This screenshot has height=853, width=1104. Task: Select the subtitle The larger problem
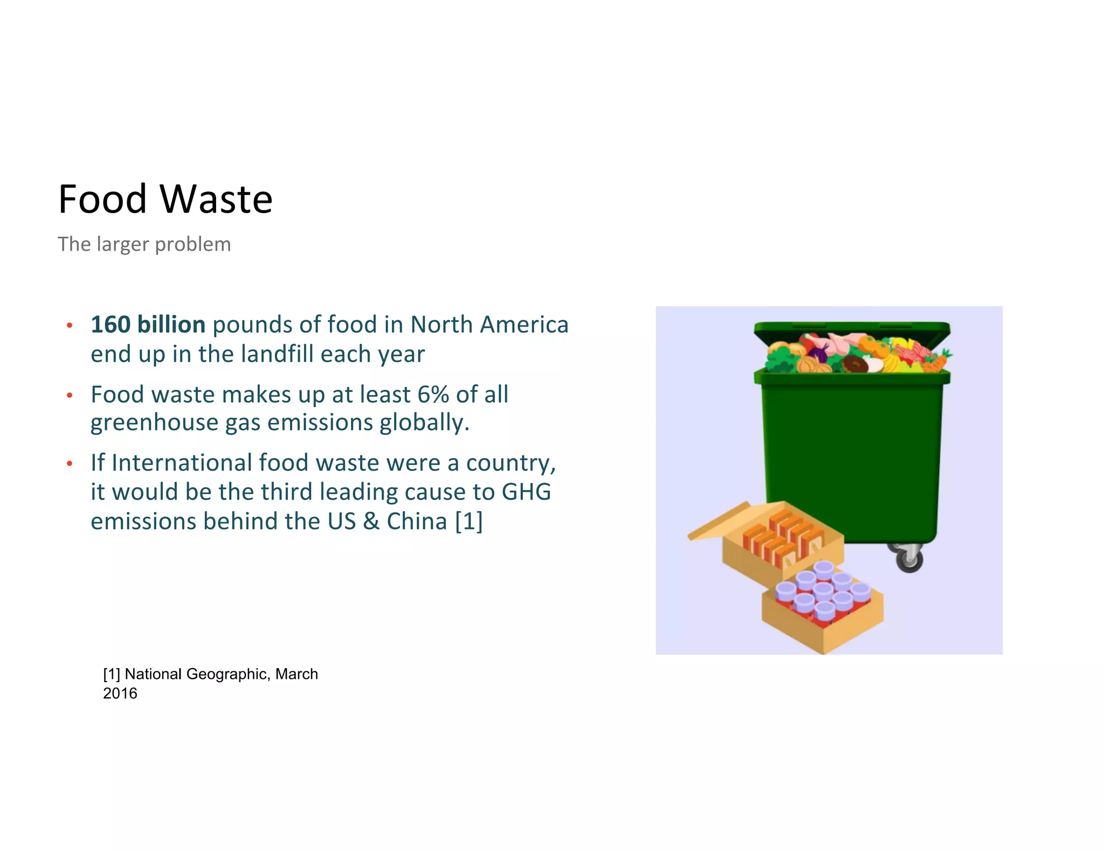(x=144, y=244)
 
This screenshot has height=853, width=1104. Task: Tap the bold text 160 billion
(x=148, y=325)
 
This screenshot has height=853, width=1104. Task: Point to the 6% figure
(x=433, y=394)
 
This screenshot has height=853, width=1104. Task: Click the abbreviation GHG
(x=526, y=492)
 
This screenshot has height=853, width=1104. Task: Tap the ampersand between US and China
(x=371, y=521)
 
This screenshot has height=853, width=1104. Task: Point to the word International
(x=182, y=463)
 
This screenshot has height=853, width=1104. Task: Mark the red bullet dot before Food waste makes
(x=70, y=395)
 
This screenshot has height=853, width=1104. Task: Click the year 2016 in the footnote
(x=120, y=693)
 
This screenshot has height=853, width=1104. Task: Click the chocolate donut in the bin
(x=855, y=364)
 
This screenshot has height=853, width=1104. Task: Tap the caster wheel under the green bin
(x=909, y=559)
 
